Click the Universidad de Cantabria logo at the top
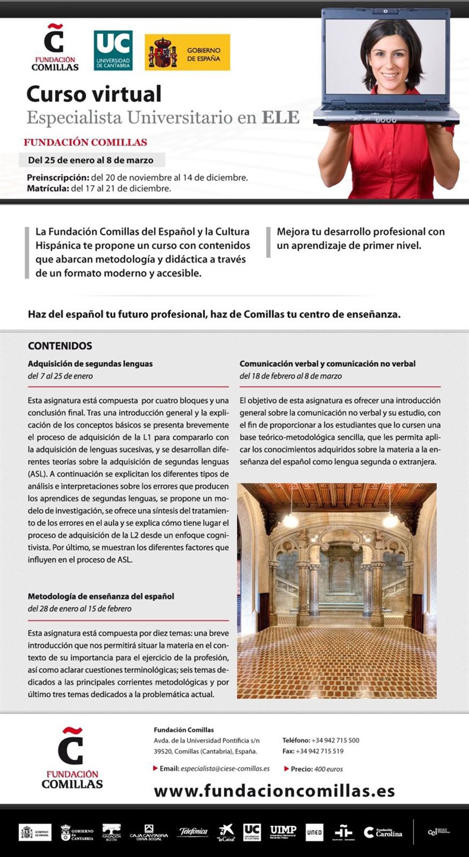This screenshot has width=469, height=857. pos(113,50)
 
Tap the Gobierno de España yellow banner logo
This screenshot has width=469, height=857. pos(187,52)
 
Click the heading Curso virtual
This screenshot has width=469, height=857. pos(94,94)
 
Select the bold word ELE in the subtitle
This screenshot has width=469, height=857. pos(281,117)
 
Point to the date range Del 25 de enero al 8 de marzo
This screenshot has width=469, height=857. pos(91,160)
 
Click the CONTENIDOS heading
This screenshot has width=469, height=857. pos(60,346)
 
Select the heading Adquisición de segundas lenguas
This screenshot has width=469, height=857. pos(90,364)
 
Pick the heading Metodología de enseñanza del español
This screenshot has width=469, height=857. pos(101,596)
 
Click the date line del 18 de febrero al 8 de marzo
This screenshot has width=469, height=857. pos(290,376)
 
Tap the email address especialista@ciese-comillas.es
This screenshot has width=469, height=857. pos(225,768)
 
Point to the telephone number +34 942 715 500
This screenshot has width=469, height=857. pos(335,740)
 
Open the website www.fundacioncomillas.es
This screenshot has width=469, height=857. pos(274,791)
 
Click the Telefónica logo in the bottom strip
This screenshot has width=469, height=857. pos(193,832)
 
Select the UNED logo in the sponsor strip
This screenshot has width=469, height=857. pos(314,832)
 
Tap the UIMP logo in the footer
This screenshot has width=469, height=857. pos(283,832)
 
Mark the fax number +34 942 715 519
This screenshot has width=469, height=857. pos(319,751)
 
